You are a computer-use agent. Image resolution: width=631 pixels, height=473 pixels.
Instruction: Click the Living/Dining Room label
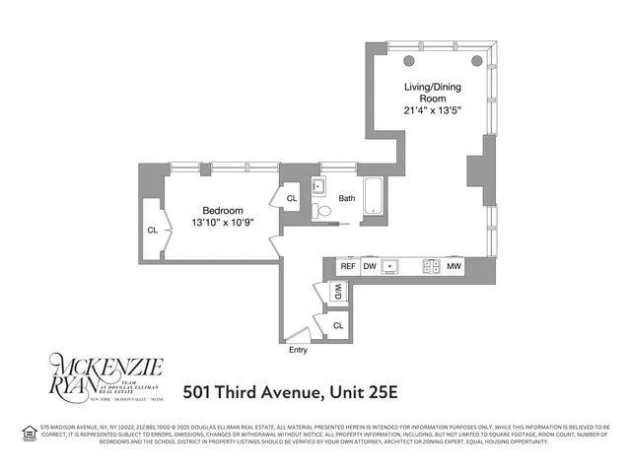click(432, 93)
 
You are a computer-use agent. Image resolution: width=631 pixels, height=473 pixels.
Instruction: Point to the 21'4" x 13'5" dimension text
click(432, 109)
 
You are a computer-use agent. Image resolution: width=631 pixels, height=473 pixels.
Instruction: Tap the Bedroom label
click(223, 210)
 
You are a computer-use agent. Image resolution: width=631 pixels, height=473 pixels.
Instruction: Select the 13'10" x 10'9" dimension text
click(223, 223)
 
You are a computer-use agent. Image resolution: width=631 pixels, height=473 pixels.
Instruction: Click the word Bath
click(346, 198)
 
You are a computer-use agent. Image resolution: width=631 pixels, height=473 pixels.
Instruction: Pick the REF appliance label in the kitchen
click(348, 266)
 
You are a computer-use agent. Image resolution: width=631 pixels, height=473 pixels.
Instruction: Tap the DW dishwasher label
click(371, 266)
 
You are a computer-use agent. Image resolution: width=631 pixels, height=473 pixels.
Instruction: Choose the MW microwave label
click(455, 266)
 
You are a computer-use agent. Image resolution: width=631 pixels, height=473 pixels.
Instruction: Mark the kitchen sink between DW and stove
click(392, 266)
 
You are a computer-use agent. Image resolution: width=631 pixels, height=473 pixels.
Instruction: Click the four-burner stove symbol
click(431, 266)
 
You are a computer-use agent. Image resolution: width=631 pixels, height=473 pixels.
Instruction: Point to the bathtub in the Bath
click(375, 196)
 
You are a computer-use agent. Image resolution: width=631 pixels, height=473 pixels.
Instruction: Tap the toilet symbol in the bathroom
click(324, 210)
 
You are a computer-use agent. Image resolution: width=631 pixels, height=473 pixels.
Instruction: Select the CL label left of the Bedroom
click(152, 231)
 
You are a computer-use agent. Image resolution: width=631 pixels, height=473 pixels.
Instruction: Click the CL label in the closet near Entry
click(338, 324)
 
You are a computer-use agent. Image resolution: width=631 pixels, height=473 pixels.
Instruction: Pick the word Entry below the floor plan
click(298, 350)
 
